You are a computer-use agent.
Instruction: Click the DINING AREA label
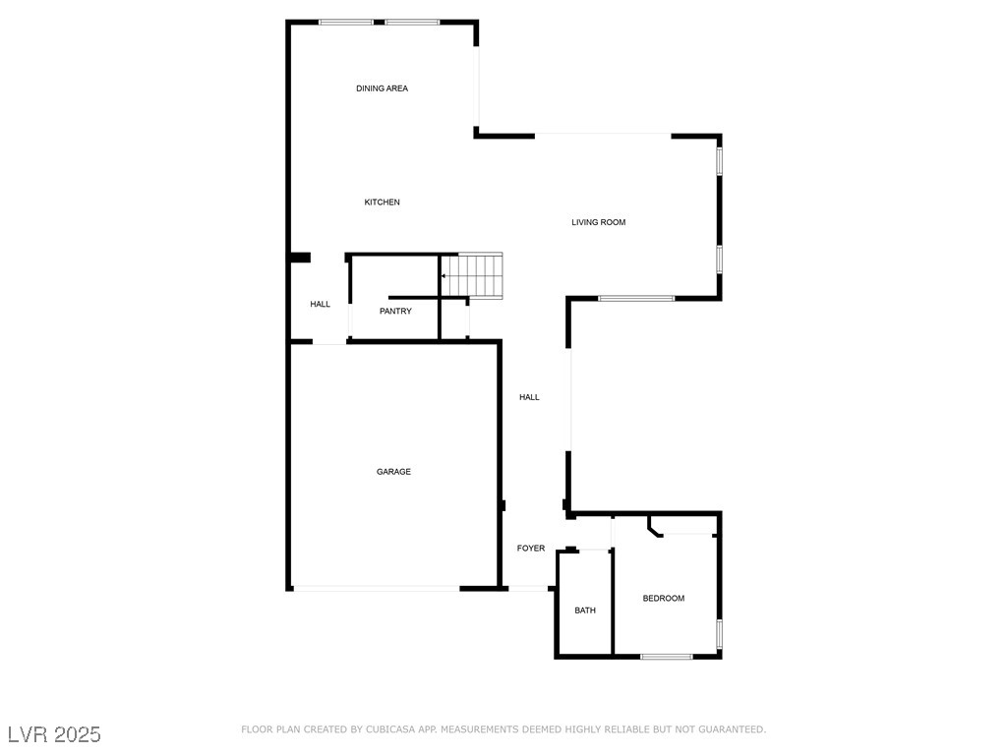point(383,88)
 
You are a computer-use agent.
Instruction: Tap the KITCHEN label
point(383,203)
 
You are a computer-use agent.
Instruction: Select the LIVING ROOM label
point(599,222)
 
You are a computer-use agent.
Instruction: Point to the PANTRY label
point(395,312)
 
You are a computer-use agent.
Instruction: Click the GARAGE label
point(393,472)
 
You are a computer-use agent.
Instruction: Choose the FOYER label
point(531,549)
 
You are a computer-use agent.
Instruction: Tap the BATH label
point(585,610)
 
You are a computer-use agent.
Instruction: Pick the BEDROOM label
point(664,599)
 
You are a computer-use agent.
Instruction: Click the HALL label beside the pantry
point(321,305)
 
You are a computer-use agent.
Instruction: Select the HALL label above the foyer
point(530,397)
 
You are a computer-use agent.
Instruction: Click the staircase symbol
point(472,276)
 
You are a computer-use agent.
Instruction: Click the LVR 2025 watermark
point(54,734)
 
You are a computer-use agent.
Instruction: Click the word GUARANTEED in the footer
point(732,729)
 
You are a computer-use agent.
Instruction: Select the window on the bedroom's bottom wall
point(667,657)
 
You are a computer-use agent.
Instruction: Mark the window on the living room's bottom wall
point(636,299)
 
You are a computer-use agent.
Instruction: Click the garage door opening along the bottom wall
point(377,588)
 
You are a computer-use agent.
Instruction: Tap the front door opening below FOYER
point(528,588)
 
